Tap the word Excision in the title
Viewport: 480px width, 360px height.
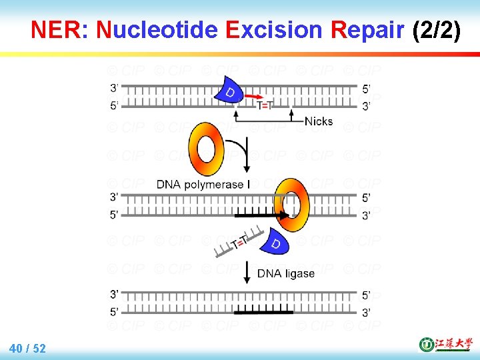273,30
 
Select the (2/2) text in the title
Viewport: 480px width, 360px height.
437,30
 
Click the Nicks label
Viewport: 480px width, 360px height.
318,121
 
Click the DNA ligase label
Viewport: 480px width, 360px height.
286,273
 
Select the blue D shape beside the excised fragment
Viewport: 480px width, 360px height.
275,243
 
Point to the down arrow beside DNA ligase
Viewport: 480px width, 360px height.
247,271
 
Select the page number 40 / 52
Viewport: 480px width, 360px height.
28,348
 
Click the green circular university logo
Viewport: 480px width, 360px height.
426,345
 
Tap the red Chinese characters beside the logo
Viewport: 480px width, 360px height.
453,345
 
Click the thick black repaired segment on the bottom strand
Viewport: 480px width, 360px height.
264,311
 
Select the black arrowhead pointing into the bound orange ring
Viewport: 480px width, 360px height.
284,215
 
